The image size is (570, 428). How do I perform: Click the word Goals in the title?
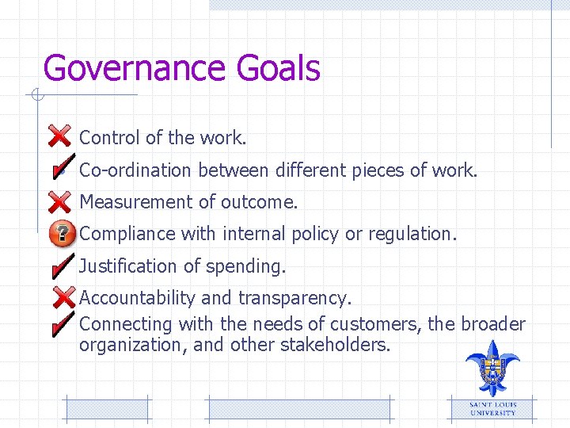(x=278, y=69)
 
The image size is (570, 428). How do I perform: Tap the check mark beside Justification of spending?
(x=61, y=266)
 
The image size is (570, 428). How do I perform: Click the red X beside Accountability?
(x=61, y=298)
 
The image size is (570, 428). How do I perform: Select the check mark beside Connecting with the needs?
(x=61, y=322)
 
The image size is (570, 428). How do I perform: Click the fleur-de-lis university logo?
(x=492, y=367)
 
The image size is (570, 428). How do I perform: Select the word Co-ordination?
(x=136, y=170)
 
